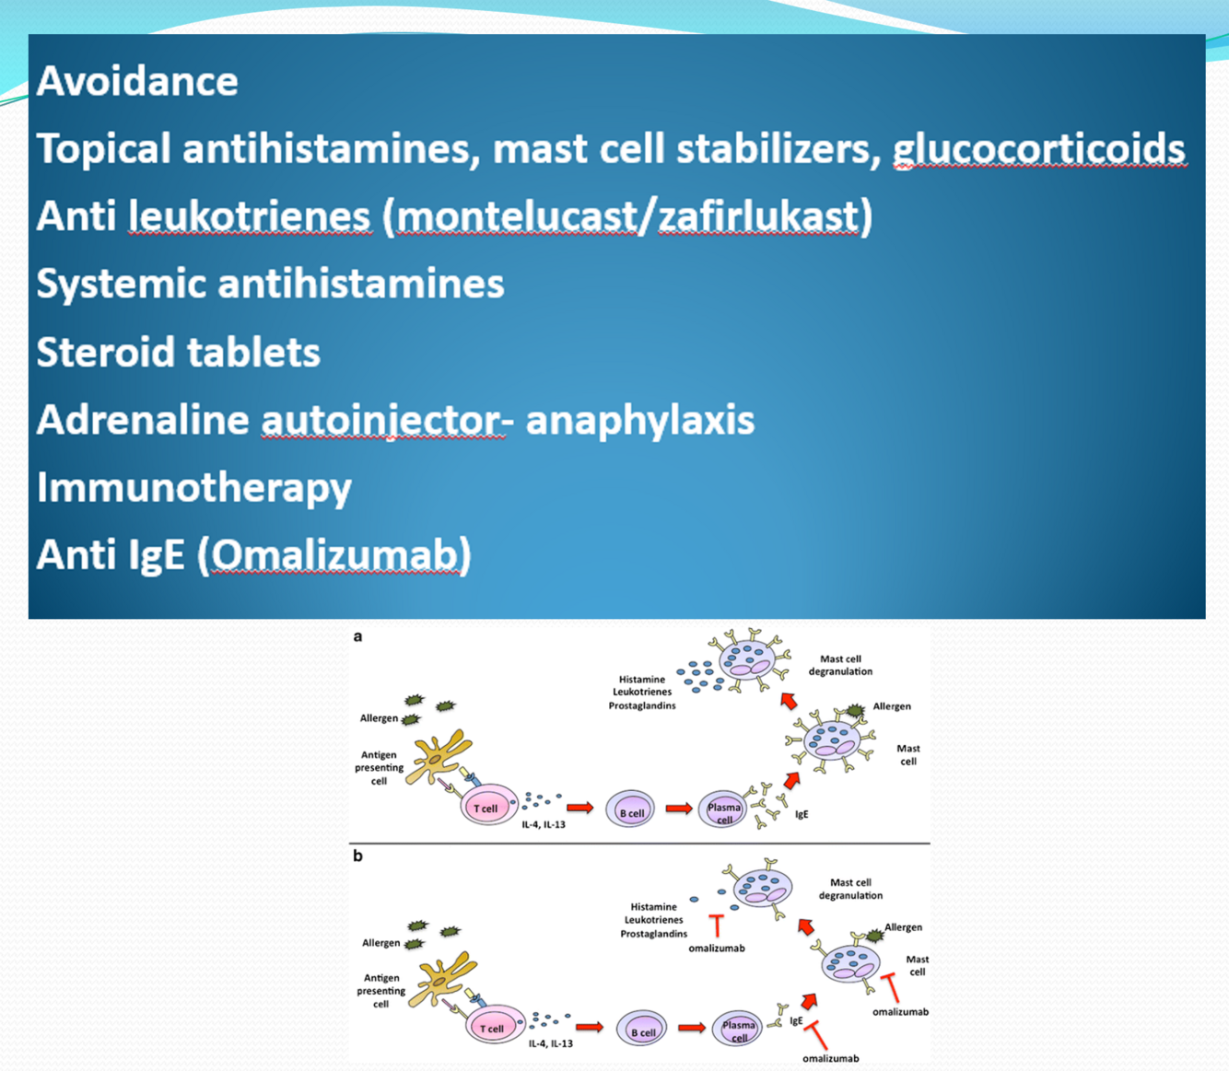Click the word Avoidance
(x=137, y=81)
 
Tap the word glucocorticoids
(x=1038, y=149)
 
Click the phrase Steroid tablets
(x=178, y=352)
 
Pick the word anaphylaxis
(x=639, y=420)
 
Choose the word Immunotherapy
(x=193, y=487)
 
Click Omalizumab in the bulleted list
(x=335, y=555)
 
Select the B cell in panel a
(x=631, y=811)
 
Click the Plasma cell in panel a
(x=723, y=810)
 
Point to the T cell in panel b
(x=494, y=1025)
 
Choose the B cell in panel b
(x=641, y=1030)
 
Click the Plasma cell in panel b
(x=738, y=1029)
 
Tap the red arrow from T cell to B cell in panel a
(x=579, y=808)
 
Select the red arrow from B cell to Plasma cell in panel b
(x=691, y=1027)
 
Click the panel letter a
(x=357, y=636)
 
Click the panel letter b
(x=357, y=856)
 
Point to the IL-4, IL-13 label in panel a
(x=544, y=824)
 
